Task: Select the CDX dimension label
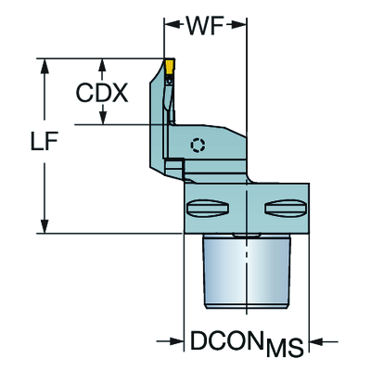pos(102,93)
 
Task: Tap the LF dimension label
pos(45,141)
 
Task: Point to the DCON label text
pos(227,340)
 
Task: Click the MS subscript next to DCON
pos(285,348)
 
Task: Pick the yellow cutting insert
pos(170,67)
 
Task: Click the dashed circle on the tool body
pos(198,145)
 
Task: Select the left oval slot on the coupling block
pos(208,208)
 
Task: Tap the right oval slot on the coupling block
pos(286,208)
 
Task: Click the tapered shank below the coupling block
pos(247,271)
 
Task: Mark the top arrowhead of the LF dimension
pos(45,66)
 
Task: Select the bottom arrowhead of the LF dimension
pos(45,225)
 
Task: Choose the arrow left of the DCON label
pos(171,341)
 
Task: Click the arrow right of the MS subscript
pos(324,341)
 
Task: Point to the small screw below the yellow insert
pos(169,81)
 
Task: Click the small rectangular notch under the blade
pos(174,163)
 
